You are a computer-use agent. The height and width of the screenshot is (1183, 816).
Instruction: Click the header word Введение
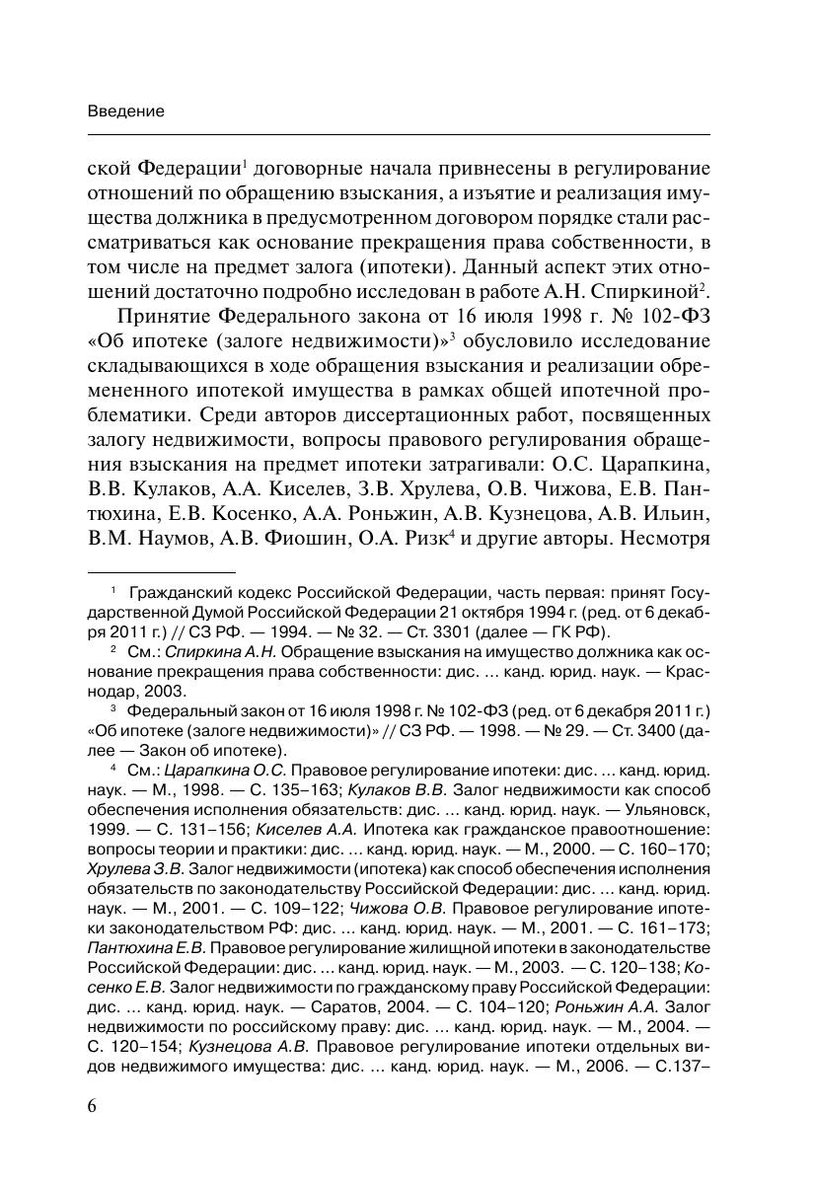(x=125, y=111)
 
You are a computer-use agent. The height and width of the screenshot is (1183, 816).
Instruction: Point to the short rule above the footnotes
(x=162, y=571)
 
